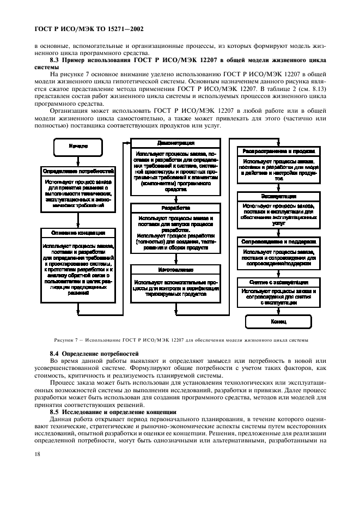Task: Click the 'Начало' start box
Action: coord(78,146)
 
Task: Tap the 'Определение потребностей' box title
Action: coord(78,171)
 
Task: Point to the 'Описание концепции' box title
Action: coord(78,233)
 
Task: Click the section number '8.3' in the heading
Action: coord(54,60)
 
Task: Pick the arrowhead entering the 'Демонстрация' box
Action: coord(127,143)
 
